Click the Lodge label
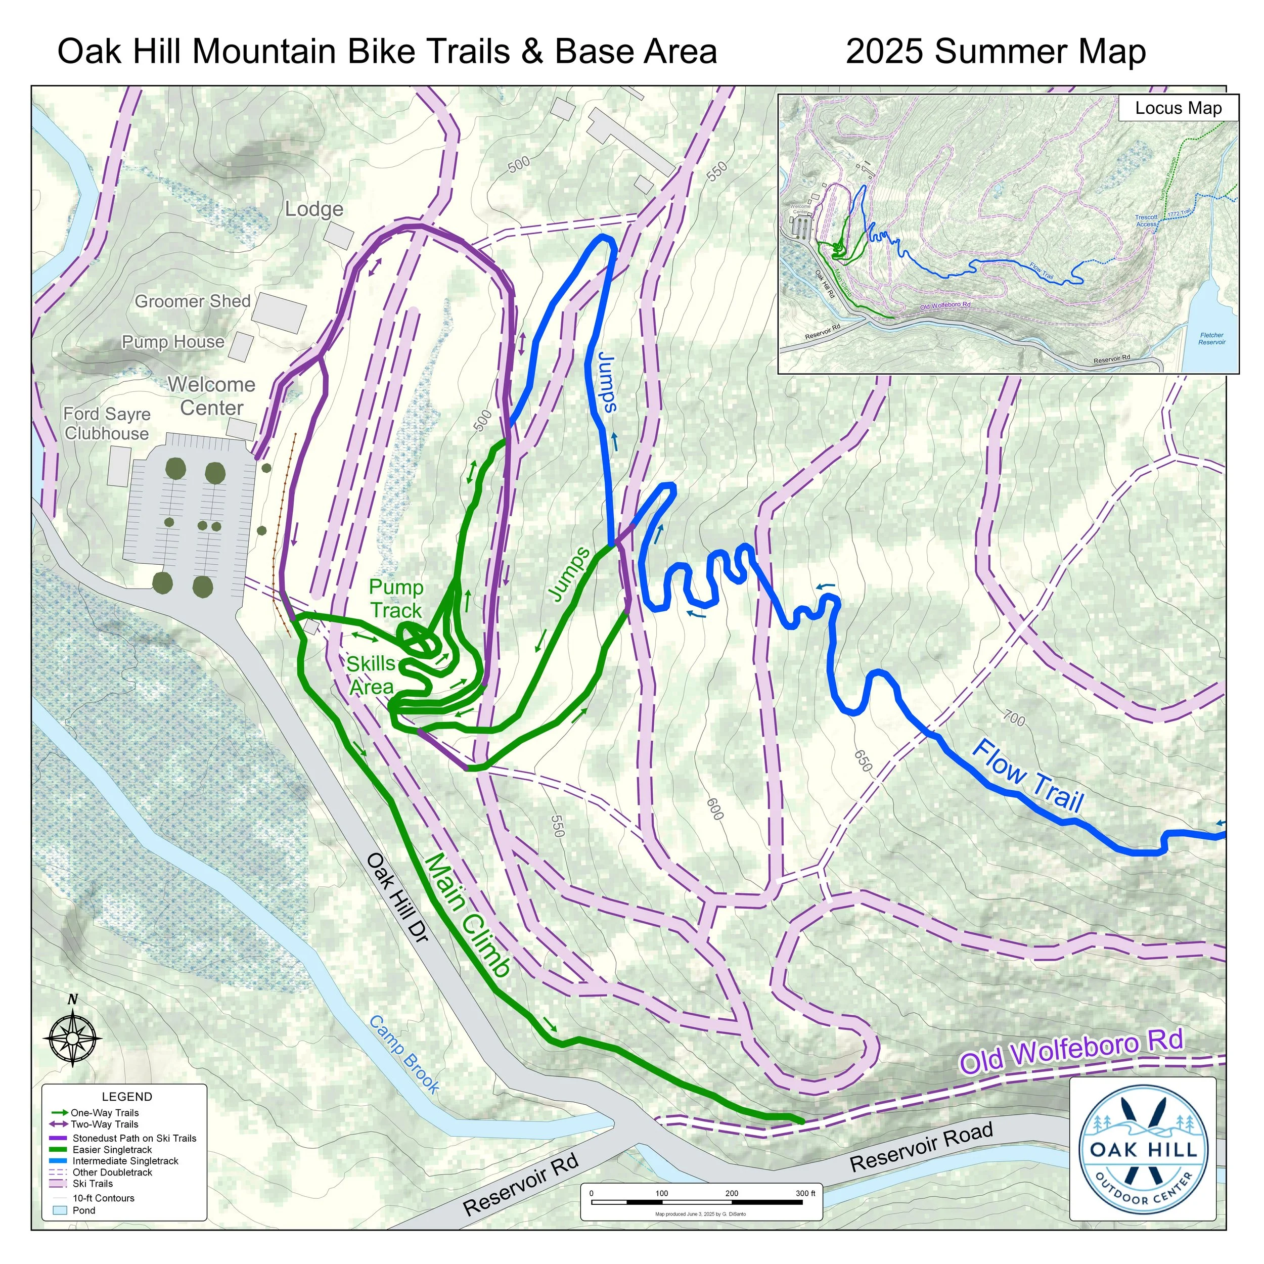pos(314,209)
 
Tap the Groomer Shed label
pos(193,302)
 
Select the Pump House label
pos(173,342)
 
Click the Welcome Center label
pos(211,396)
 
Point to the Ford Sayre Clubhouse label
pos(107,424)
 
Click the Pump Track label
pos(396,599)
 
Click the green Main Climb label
pos(467,916)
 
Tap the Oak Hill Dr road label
pos(397,907)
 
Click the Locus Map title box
pos(1178,109)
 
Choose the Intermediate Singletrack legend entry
pos(124,1161)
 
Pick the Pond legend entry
pos(84,1210)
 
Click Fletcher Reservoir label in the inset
pos(1211,338)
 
